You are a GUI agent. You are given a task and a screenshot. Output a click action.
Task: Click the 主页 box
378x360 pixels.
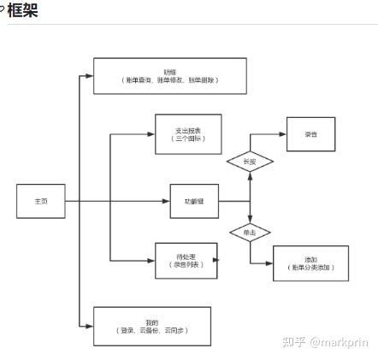[41, 201]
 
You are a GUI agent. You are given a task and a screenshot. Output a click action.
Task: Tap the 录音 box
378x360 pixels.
[310, 134]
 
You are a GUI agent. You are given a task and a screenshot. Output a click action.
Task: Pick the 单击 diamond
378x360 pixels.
[250, 233]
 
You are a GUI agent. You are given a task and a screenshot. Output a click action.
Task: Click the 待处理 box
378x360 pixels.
[186, 261]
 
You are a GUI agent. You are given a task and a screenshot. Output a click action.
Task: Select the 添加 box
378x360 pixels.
[310, 263]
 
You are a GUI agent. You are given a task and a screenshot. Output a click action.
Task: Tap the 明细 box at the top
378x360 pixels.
[169, 76]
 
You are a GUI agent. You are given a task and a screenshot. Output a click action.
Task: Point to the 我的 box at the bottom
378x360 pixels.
[151, 326]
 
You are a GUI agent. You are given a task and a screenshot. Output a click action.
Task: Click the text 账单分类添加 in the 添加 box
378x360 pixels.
[310, 268]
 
